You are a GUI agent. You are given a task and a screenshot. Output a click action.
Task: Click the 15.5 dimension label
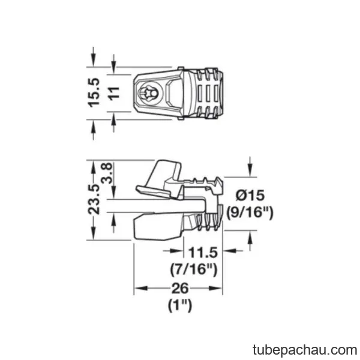pos(94,93)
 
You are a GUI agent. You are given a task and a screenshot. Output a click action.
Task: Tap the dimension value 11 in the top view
pos(114,93)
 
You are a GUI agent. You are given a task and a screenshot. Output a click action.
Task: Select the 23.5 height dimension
pos(94,199)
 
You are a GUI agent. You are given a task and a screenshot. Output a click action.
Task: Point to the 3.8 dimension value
pos(107,173)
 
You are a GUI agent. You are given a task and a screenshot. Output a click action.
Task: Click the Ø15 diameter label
pos(250,196)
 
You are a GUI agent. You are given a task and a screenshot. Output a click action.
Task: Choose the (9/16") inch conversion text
pos(250,212)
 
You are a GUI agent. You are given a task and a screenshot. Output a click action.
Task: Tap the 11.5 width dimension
pos(203,253)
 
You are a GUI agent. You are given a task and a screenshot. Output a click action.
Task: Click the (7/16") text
pos(194,269)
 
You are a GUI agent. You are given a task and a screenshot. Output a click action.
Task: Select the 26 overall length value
pos(180,289)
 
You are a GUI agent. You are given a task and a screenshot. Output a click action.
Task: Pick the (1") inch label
pos(180,305)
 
